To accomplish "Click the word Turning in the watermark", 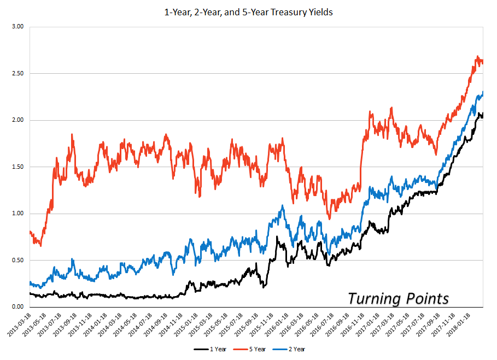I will click(x=375, y=299).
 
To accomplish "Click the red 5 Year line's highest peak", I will click(x=477, y=57).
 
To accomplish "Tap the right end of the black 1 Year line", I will click(x=483, y=113).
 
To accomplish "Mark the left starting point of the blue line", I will click(x=30, y=282).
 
